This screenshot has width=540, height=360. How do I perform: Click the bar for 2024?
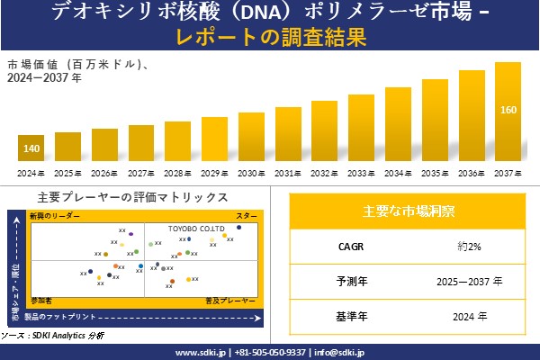pyautogui.click(x=31, y=148)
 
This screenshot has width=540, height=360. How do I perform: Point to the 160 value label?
pyautogui.click(x=508, y=111)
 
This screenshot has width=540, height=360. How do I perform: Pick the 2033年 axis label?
pyautogui.click(x=362, y=173)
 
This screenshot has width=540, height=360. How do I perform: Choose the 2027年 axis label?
pyautogui.click(x=141, y=173)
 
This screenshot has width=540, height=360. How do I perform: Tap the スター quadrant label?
pyautogui.click(x=247, y=217)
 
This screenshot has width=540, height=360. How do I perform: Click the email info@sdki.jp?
pyautogui.click(x=338, y=352)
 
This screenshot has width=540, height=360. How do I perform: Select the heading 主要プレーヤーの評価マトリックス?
pyautogui.click(x=133, y=197)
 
